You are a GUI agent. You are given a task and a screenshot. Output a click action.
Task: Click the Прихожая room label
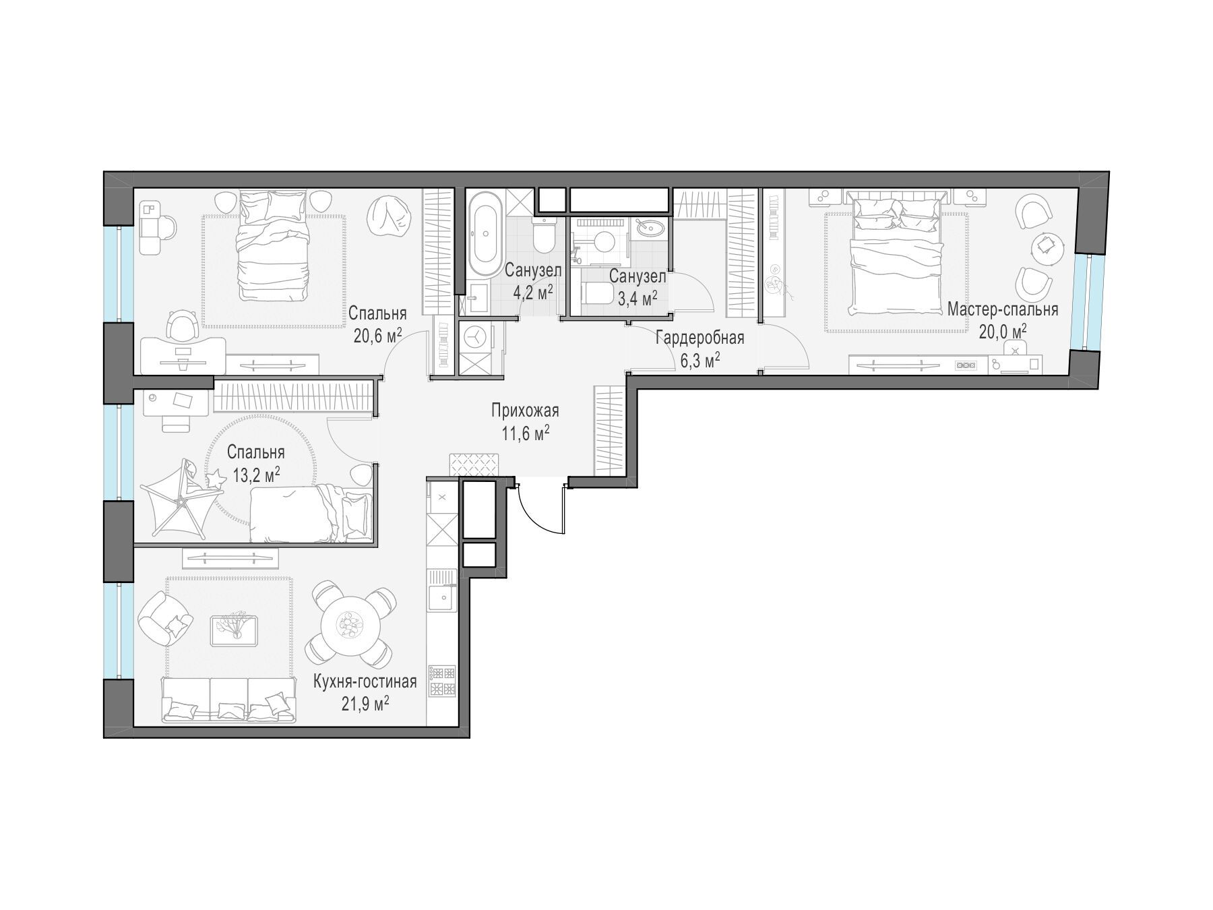525,411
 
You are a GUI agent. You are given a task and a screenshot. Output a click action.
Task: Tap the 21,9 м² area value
365,704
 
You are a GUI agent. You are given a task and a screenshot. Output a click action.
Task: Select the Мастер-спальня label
1003,309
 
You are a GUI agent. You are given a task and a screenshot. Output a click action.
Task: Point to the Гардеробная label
699,338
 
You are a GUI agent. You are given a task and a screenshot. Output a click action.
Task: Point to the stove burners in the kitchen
442,681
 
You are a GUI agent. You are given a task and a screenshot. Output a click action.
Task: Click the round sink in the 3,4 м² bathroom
650,227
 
